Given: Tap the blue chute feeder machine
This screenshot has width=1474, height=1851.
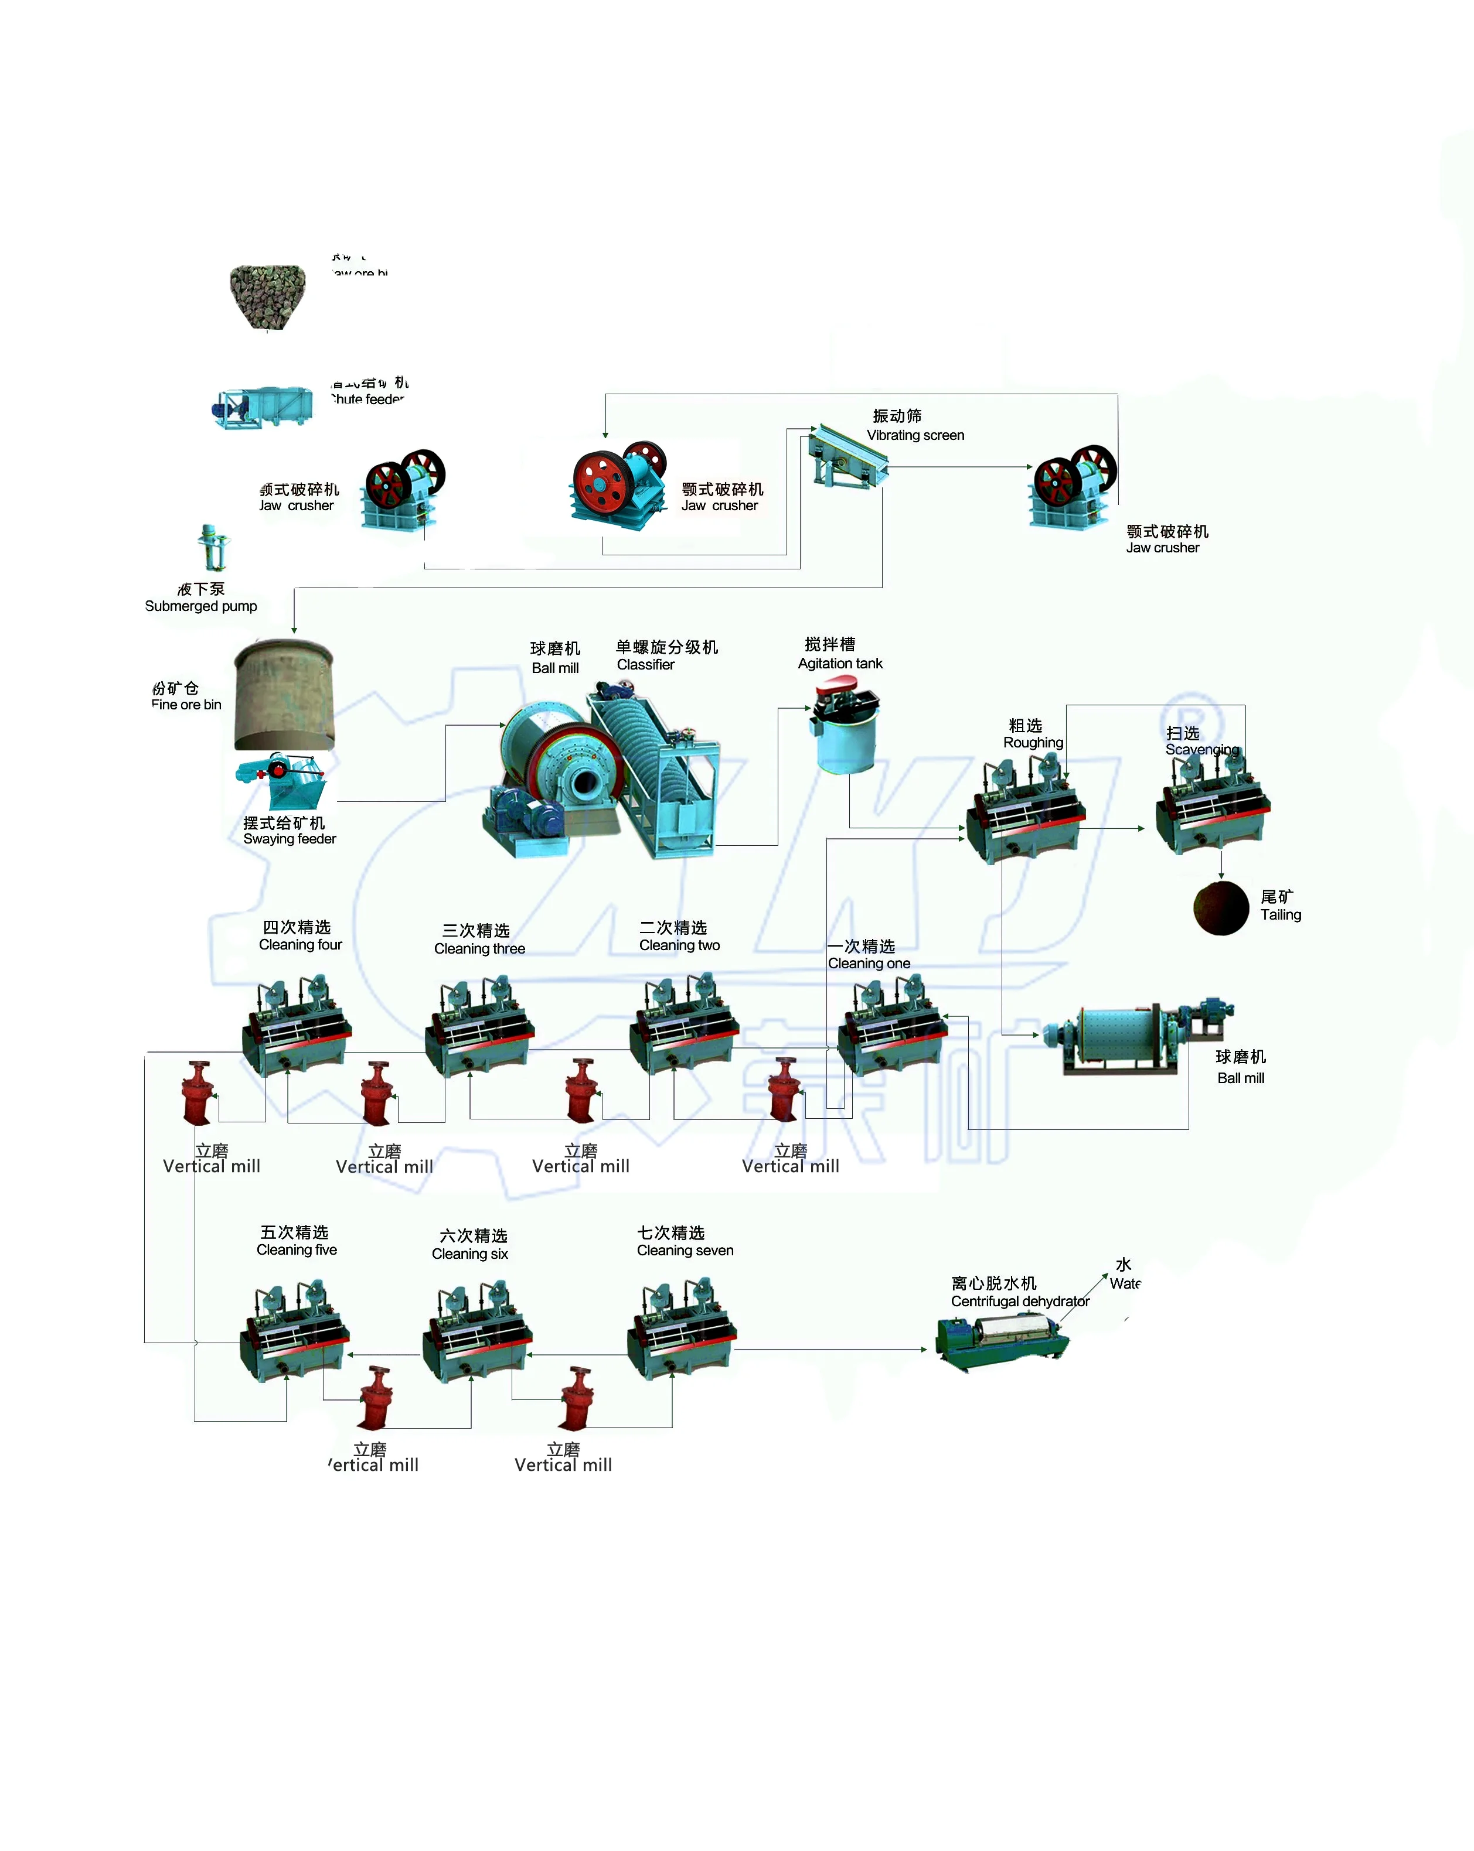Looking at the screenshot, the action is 264,406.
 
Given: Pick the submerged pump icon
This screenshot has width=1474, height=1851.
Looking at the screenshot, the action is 213,547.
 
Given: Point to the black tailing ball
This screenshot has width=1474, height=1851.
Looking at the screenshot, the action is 1221,907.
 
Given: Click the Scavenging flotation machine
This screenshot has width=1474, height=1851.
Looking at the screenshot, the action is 1212,804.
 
